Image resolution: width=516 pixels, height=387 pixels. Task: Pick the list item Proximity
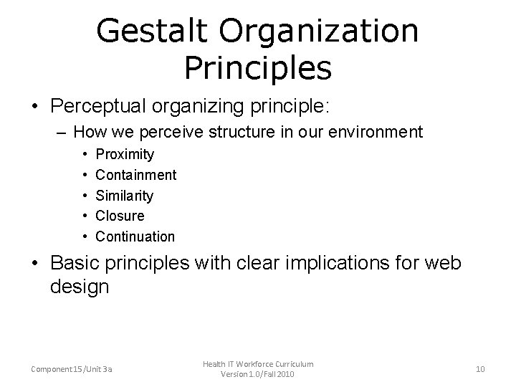(125, 154)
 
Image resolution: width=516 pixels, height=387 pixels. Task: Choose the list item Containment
(135, 175)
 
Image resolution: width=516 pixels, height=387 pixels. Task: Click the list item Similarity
(124, 195)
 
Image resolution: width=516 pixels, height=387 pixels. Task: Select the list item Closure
(120, 216)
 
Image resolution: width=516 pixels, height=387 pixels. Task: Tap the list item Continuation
(135, 236)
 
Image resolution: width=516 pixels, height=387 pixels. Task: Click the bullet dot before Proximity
(85, 154)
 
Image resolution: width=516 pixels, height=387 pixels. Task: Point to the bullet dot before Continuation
(85, 236)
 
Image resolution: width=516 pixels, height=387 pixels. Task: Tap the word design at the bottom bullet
(80, 287)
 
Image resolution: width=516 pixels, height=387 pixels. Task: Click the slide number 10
(480, 369)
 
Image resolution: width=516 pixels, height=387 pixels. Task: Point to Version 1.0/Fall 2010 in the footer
(258, 375)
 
